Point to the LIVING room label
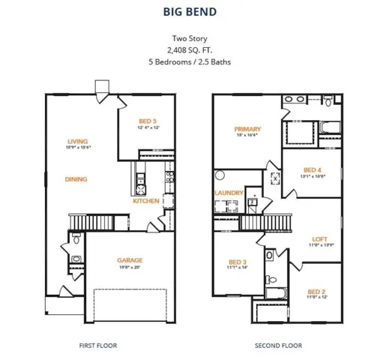coord(77,141)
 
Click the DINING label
coord(76,179)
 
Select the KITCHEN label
coord(145,201)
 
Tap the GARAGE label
coord(129,260)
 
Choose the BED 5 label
coord(148,121)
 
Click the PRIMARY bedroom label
coord(247,129)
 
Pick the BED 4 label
coord(312,169)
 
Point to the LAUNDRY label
coord(229,193)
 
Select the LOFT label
coord(319,239)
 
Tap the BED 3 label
coord(238,262)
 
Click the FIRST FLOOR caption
coord(97,346)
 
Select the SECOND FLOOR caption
coord(277,346)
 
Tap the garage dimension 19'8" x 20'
coord(129,267)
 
